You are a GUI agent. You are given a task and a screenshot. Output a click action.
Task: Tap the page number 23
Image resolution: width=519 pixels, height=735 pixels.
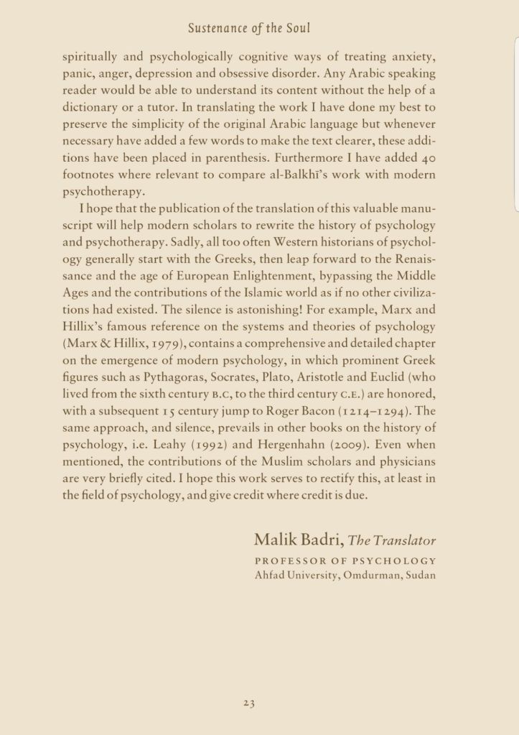249,704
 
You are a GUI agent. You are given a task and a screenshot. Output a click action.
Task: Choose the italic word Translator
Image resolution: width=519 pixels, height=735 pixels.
403,541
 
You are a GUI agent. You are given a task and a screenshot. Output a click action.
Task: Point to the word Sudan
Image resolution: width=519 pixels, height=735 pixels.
419,575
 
